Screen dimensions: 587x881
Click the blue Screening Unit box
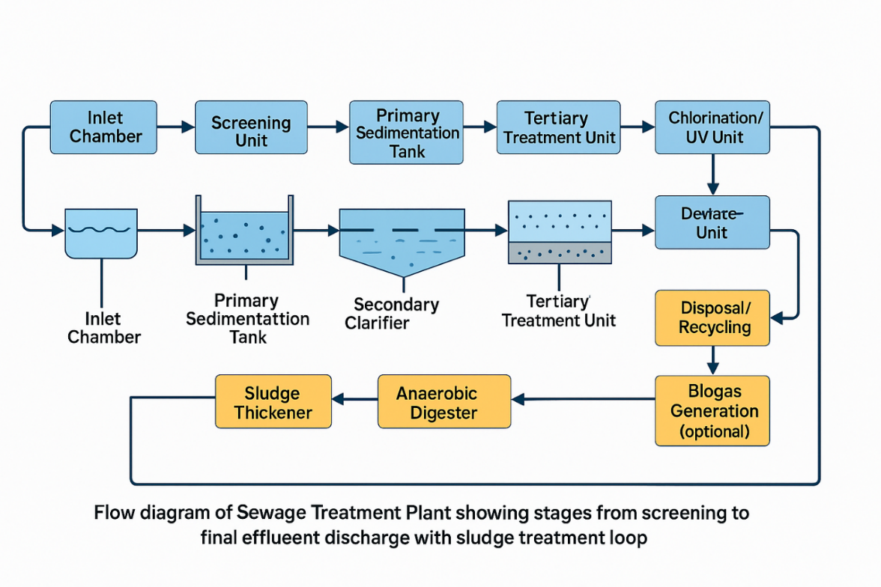point(251,127)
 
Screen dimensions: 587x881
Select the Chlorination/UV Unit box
point(712,127)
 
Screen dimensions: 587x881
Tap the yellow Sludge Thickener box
point(273,401)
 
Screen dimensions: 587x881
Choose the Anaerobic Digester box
point(443,401)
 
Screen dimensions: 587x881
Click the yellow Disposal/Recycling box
point(712,317)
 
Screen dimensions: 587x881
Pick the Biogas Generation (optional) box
point(712,410)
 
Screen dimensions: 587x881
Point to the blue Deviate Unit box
point(712,222)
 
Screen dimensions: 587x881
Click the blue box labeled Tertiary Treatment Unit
point(559,127)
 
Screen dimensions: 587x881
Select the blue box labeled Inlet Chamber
point(103,127)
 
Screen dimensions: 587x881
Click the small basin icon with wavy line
point(100,233)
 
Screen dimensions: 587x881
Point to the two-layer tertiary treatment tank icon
point(560,231)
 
